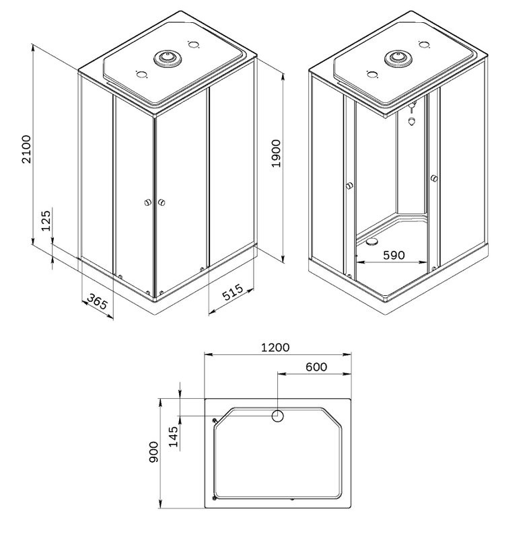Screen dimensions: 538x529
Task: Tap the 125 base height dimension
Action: tap(46, 221)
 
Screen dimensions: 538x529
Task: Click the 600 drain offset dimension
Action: tap(316, 367)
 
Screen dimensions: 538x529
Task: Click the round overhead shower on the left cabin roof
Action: tap(166, 60)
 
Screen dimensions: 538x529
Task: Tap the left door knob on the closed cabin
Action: tap(147, 203)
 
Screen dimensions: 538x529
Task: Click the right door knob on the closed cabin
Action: tap(162, 202)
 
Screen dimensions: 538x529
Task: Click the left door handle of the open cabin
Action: tap(349, 186)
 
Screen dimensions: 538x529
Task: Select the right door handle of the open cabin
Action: tap(434, 178)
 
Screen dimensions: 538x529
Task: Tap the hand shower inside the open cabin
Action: tap(412, 121)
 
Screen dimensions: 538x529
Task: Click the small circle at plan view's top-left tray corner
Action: tap(215, 421)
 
